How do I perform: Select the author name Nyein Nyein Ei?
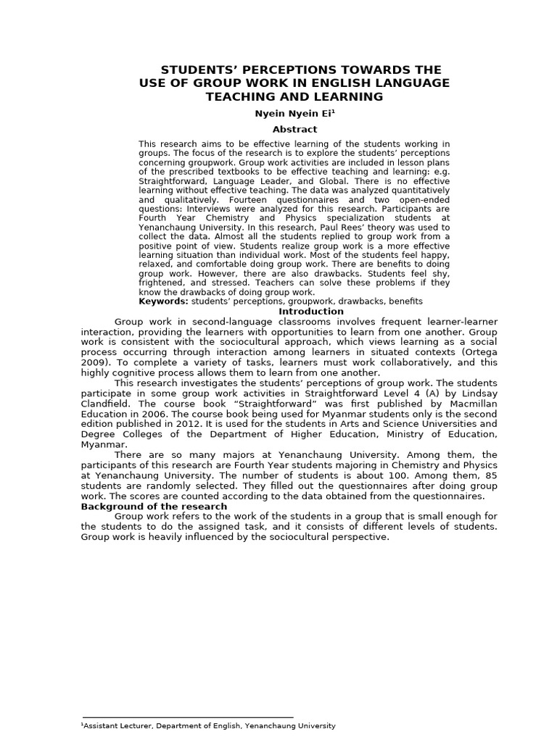point(292,114)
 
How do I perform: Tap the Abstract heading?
point(294,129)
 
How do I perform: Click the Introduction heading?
point(311,312)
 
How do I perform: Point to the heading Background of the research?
point(154,506)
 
